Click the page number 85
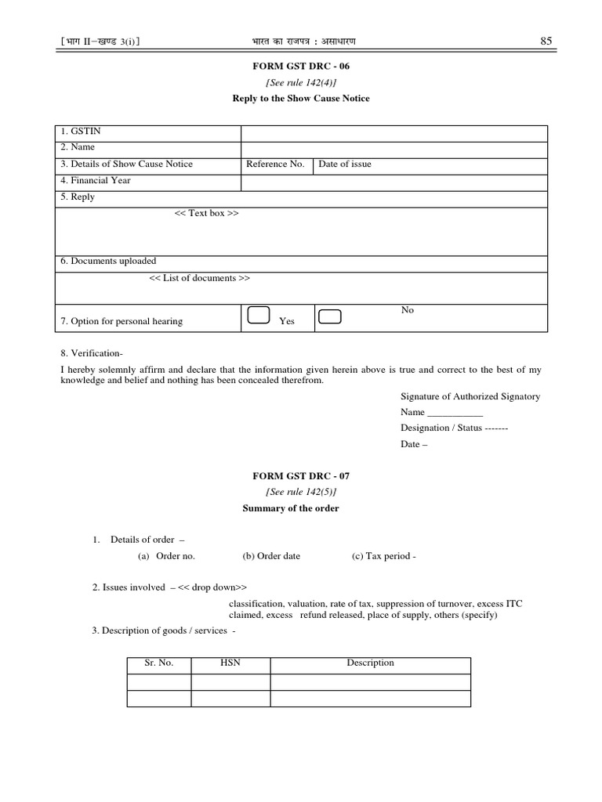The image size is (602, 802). [546, 42]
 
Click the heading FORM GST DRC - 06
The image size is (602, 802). [301, 67]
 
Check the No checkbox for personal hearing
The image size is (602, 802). [331, 316]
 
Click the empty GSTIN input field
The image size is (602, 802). [394, 132]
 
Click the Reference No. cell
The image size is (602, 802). [275, 164]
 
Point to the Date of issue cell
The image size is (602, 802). [345, 164]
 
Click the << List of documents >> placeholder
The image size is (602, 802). [200, 278]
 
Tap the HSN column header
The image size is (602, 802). [230, 663]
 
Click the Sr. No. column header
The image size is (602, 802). [159, 663]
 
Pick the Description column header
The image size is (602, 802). [370, 663]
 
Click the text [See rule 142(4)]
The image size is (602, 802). [301, 83]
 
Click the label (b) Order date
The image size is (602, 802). [271, 556]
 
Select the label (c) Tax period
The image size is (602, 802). [384, 556]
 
